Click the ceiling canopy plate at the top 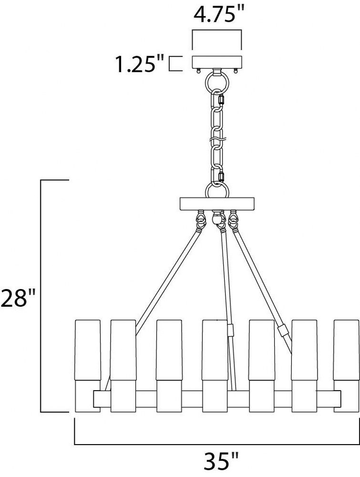217,62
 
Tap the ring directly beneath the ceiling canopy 217,82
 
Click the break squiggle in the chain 217,140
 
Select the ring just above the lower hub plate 217,190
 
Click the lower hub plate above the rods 217,204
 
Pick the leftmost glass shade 88,350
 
